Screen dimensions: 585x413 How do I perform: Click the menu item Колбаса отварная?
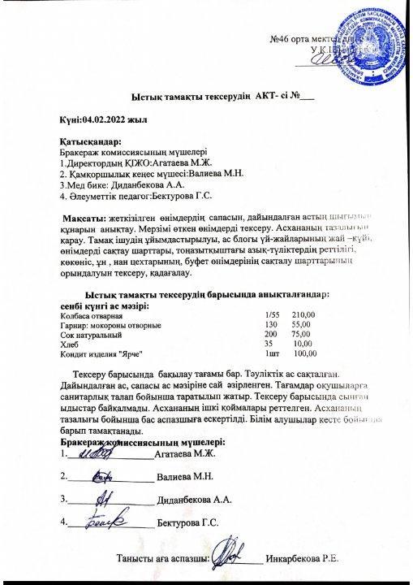click(89, 314)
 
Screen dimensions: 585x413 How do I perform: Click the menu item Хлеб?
click(69, 343)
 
